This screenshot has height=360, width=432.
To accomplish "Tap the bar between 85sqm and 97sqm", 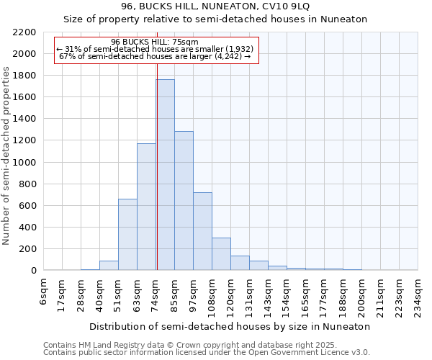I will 184,201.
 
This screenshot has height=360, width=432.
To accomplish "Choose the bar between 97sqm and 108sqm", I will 202,231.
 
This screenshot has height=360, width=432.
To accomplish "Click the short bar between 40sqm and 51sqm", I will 109,266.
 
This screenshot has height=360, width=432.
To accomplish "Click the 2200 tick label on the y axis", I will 24,32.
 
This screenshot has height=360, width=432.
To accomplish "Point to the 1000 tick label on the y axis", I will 24,163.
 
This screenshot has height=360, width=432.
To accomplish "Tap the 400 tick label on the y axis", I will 27,228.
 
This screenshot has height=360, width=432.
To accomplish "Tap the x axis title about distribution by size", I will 230,326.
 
